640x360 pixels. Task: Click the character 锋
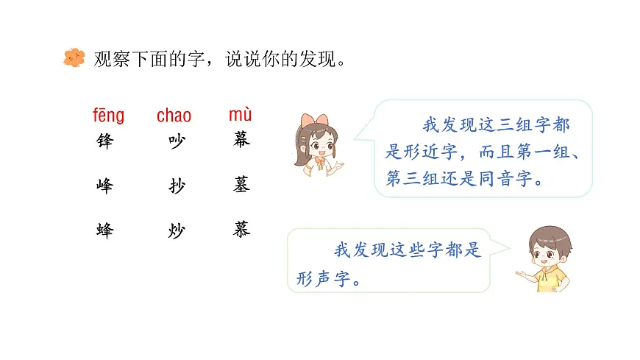[x=105, y=142]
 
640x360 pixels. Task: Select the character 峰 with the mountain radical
[x=105, y=186]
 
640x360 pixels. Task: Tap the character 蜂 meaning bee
[x=105, y=230]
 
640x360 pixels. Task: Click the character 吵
[x=177, y=142]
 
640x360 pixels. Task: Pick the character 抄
[x=177, y=186]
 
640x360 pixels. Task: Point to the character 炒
[x=177, y=231]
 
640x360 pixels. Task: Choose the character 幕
[x=242, y=140]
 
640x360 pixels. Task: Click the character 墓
[x=242, y=186]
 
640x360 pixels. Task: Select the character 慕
[x=242, y=230]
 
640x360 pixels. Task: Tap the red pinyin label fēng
[x=108, y=116]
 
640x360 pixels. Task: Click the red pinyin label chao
[x=174, y=116]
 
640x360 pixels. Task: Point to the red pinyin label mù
[x=240, y=115]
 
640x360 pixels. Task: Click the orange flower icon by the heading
[x=74, y=58]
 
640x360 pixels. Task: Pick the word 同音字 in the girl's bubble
[x=507, y=179]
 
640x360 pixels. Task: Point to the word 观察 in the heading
[x=111, y=59]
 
